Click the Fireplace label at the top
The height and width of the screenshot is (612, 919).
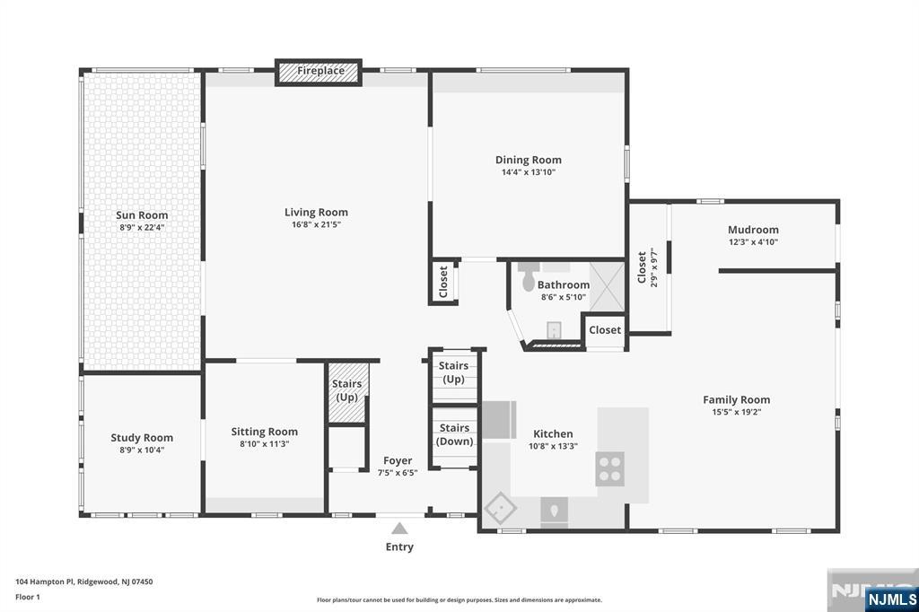click(x=320, y=71)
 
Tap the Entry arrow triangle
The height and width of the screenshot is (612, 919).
click(x=399, y=529)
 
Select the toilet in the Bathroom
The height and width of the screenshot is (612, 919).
click(x=529, y=276)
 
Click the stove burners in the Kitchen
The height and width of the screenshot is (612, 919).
click(x=610, y=469)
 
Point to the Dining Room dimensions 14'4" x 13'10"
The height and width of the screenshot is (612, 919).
click(x=528, y=172)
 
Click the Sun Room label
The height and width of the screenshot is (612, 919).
click(x=142, y=215)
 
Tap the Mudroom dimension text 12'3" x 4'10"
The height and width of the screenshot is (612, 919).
click(x=753, y=242)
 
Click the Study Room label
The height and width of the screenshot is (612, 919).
click(x=142, y=438)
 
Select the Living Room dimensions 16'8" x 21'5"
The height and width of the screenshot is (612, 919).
click(x=316, y=224)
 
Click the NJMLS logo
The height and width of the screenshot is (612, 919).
click(x=891, y=599)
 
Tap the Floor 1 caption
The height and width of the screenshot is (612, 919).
click(x=28, y=598)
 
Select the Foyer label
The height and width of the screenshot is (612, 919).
click(x=398, y=460)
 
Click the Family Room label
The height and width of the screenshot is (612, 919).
click(x=736, y=400)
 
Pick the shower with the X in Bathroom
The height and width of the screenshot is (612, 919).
click(x=607, y=287)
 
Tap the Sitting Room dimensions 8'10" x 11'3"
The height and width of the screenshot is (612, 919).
click(x=265, y=444)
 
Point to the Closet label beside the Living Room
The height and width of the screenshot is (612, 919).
click(x=443, y=282)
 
